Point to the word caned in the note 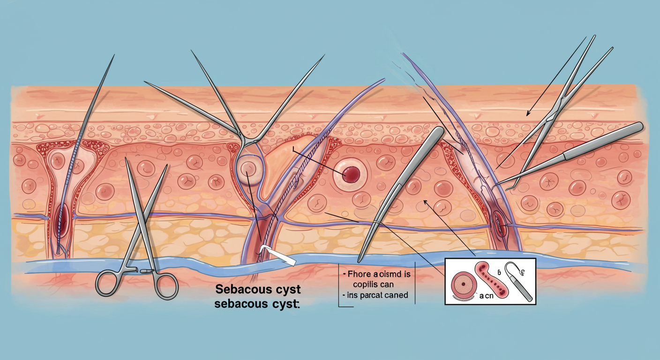click(x=395, y=295)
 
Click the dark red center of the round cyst click(x=351, y=175)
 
